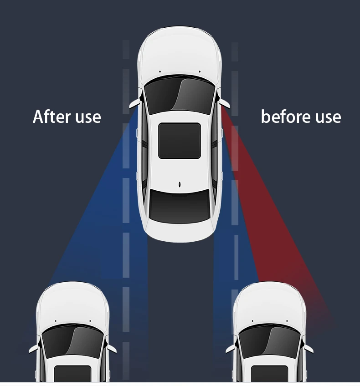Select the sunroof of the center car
click(180, 140)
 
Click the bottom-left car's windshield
click(72, 339)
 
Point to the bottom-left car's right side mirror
click(111, 348)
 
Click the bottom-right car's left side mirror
click(231, 348)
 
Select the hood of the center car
click(180, 50)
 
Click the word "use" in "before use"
click(324, 117)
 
